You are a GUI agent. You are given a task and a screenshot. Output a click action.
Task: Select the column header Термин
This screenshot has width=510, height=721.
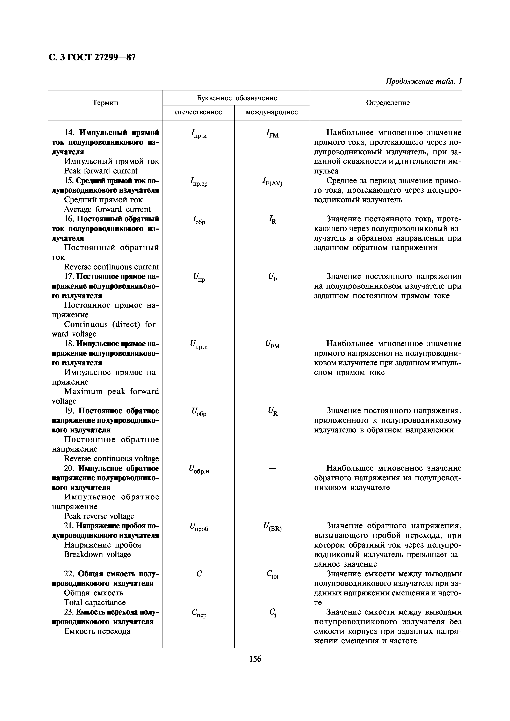click(x=105, y=103)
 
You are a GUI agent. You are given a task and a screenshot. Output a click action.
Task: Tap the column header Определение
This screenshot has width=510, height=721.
click(x=388, y=103)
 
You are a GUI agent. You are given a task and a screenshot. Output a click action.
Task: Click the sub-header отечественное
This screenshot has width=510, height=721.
click(x=198, y=112)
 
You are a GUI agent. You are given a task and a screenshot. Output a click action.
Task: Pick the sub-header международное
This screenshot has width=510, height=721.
click(x=272, y=112)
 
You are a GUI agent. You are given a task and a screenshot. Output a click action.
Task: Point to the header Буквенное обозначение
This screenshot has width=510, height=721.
click(x=237, y=98)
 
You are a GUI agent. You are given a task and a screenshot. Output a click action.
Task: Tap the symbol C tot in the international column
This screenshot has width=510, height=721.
click(x=272, y=574)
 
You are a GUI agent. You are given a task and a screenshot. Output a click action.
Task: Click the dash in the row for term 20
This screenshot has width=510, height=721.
click(x=272, y=468)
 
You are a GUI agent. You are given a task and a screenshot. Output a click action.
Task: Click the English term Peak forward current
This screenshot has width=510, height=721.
click(x=101, y=171)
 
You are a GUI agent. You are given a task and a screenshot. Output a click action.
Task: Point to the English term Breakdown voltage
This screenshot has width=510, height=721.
click(x=97, y=554)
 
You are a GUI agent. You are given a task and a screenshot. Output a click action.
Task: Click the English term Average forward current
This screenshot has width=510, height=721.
click(x=107, y=209)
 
